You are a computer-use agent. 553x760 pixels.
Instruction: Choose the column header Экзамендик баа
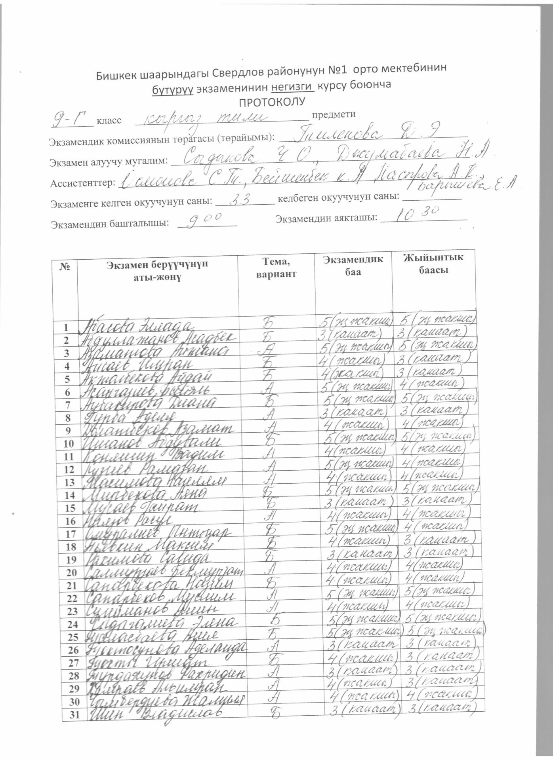point(353,266)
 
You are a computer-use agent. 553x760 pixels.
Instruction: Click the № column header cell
point(65,267)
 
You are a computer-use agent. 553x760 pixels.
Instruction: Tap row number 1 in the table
point(68,328)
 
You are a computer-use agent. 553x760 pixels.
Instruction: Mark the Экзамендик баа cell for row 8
point(355,412)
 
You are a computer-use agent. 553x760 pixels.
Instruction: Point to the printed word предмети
point(334,114)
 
